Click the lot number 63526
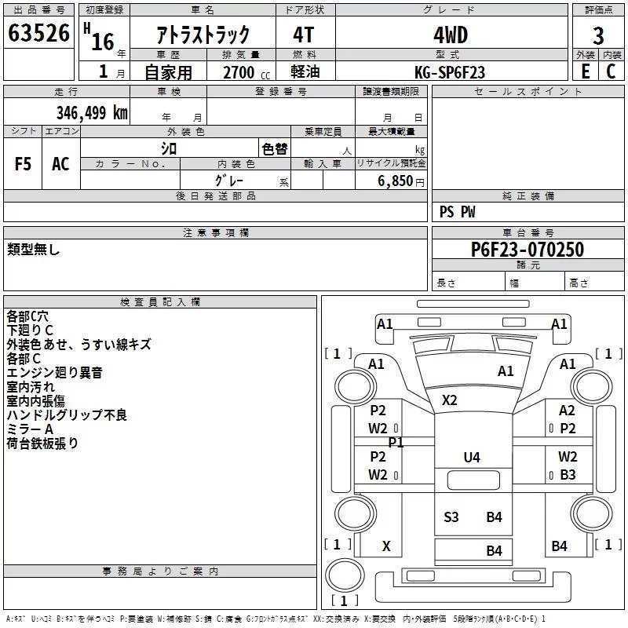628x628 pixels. click(x=38, y=34)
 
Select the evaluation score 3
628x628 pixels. click(x=598, y=35)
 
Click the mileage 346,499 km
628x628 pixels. click(x=92, y=112)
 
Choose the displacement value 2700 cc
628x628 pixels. click(x=241, y=72)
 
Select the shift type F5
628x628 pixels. click(x=24, y=163)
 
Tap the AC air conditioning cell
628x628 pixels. click(x=60, y=163)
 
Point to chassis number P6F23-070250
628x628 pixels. click(x=527, y=250)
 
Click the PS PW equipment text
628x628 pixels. click(x=457, y=212)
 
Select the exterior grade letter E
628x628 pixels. click(x=584, y=71)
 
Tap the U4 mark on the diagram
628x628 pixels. click(x=471, y=457)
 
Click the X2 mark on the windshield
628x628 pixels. click(x=449, y=400)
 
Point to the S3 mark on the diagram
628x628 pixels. click(x=451, y=517)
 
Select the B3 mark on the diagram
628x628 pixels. click(x=568, y=474)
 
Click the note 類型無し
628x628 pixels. click(x=34, y=250)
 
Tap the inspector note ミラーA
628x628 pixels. click(x=30, y=429)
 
